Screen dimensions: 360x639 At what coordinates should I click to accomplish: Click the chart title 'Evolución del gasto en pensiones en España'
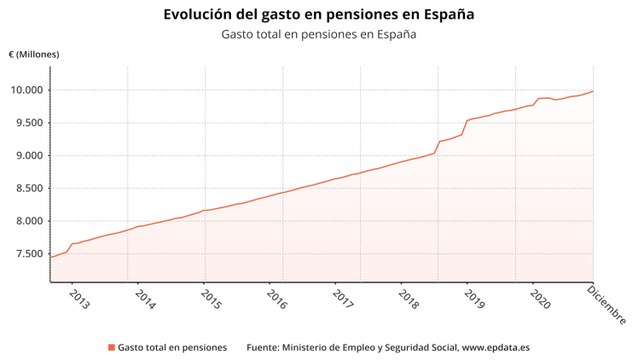click(319, 15)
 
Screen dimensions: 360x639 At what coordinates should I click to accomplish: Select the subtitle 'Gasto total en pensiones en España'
click(319, 34)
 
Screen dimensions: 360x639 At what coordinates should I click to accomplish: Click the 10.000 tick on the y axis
click(24, 90)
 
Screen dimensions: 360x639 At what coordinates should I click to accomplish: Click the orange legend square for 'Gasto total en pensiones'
click(110, 347)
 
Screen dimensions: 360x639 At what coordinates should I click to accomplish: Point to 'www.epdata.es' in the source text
click(497, 347)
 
